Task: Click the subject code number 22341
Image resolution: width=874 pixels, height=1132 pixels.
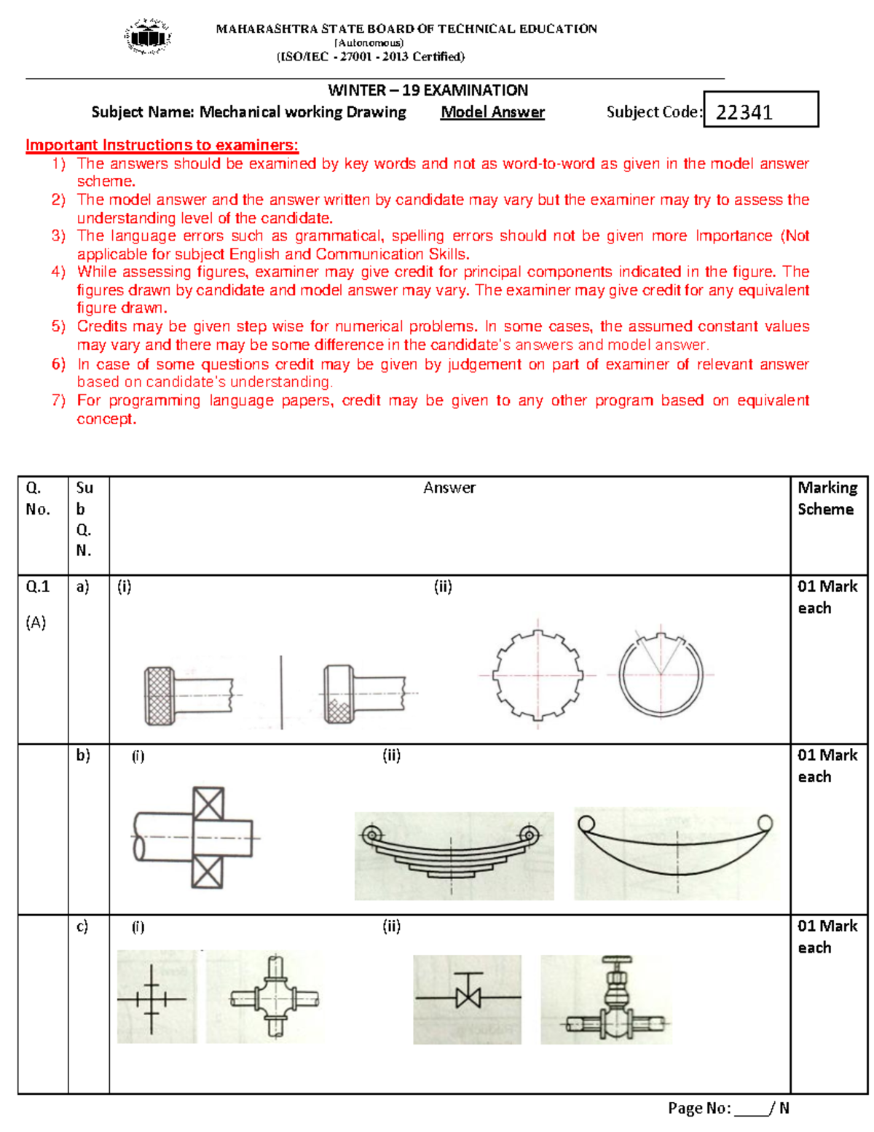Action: [744, 112]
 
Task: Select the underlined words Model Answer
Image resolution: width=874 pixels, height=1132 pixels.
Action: [492, 112]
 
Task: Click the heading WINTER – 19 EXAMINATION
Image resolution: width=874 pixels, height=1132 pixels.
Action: [428, 90]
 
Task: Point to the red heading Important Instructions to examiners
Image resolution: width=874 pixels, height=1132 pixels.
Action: [162, 145]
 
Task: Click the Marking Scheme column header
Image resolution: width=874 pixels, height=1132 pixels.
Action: [827, 498]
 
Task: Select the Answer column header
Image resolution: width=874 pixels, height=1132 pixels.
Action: [449, 488]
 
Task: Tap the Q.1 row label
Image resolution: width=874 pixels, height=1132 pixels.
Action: [38, 586]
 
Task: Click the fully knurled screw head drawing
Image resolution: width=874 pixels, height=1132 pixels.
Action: [160, 695]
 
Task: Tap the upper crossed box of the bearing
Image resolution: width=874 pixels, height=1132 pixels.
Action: [208, 804]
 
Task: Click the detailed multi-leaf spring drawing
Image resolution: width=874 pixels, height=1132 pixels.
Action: [452, 853]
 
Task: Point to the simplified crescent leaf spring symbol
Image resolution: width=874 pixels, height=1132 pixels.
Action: [675, 849]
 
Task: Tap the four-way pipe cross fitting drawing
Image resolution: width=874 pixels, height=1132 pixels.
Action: [274, 997]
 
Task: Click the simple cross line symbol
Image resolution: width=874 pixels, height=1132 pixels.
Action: [151, 999]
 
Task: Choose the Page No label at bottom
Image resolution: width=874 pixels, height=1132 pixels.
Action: [699, 1108]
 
